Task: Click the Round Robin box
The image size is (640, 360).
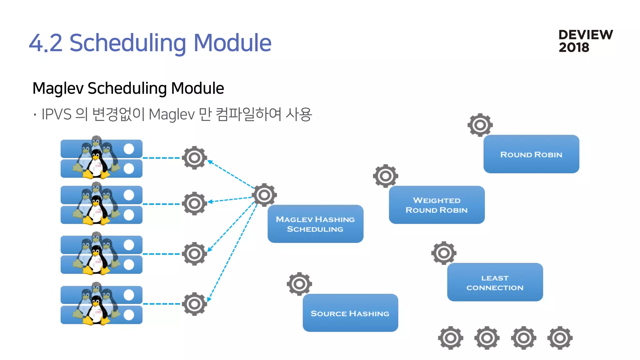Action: pyautogui.click(x=531, y=154)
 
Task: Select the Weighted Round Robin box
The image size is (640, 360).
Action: pyautogui.click(x=437, y=205)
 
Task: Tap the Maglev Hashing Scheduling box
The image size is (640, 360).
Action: pyautogui.click(x=315, y=224)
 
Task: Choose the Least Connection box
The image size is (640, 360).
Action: pyautogui.click(x=495, y=282)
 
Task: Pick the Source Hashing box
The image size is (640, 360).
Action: pyautogui.click(x=350, y=313)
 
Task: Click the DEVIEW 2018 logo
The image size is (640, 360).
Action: pyautogui.click(x=585, y=41)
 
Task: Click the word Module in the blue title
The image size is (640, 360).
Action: pyautogui.click(x=232, y=43)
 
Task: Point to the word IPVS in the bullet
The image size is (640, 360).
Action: pyautogui.click(x=56, y=114)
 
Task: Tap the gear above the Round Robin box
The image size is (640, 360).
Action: pyautogui.click(x=480, y=125)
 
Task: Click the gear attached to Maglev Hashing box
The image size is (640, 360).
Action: pyautogui.click(x=264, y=195)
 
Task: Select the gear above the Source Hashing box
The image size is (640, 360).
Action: pyautogui.click(x=299, y=284)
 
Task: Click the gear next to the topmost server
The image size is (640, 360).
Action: pyautogui.click(x=194, y=158)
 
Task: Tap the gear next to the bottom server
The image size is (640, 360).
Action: pyautogui.click(x=194, y=304)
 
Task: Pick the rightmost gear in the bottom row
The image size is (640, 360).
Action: pyautogui.click(x=560, y=338)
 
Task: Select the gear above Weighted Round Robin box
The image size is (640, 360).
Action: pyautogui.click(x=385, y=176)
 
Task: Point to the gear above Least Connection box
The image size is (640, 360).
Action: pyautogui.click(x=443, y=253)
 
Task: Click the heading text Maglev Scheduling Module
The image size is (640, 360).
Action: pyautogui.click(x=128, y=88)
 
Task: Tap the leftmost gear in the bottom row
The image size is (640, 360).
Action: pyautogui.click(x=450, y=338)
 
